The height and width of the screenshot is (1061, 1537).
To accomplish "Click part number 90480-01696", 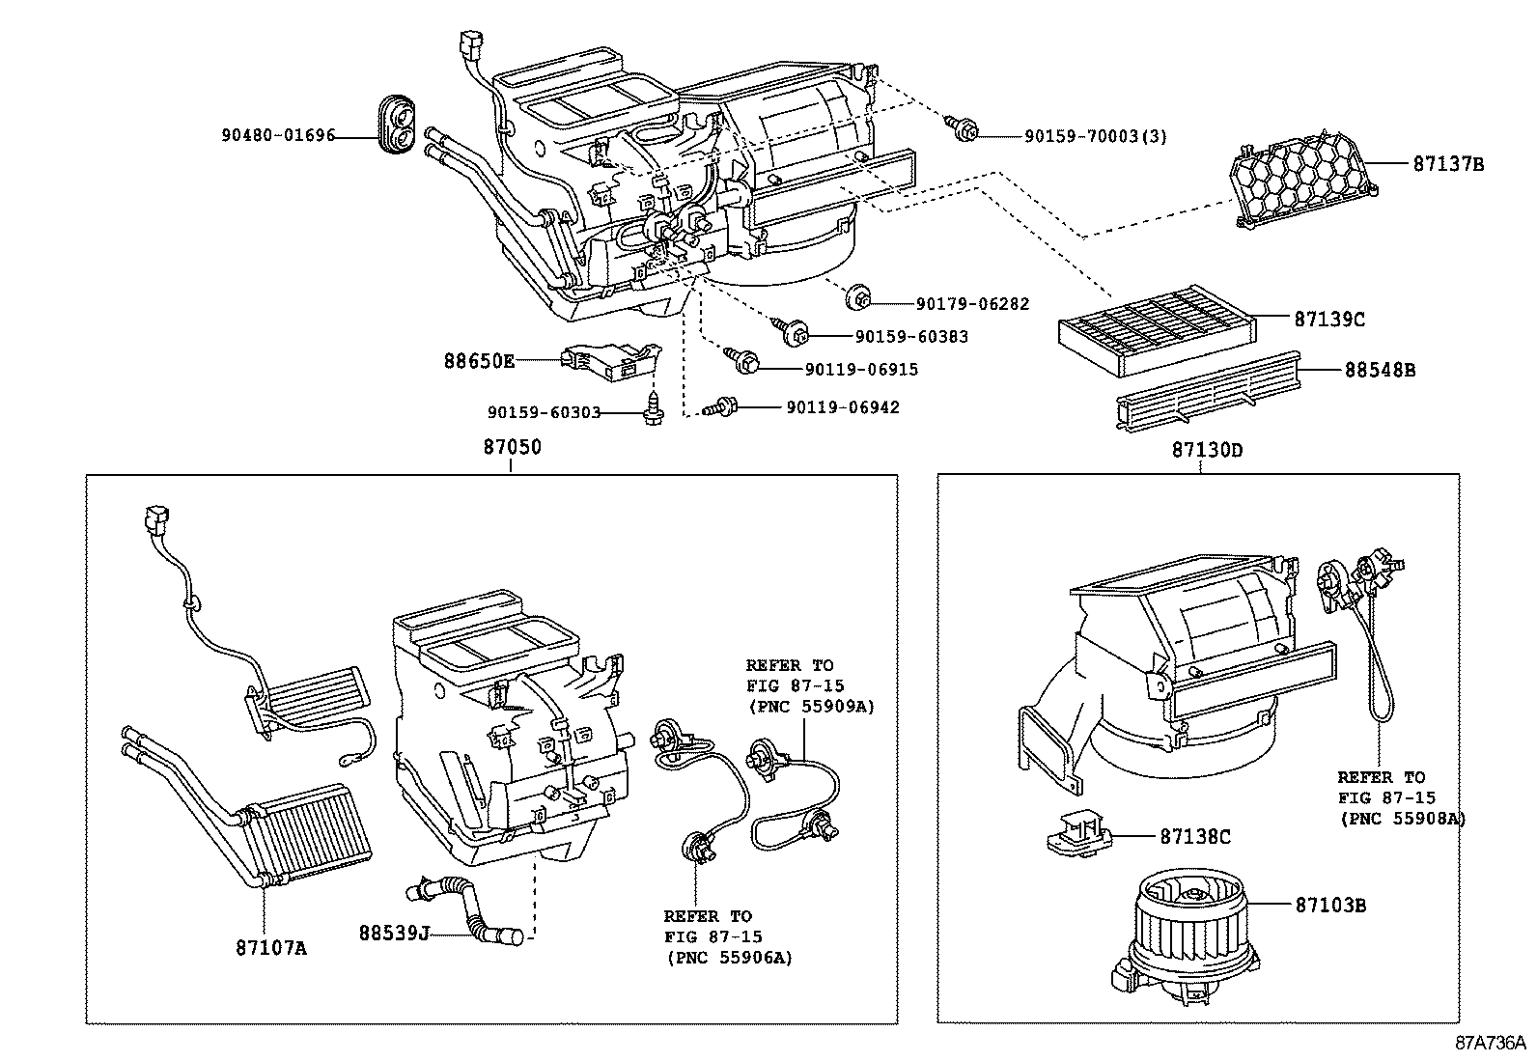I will pyautogui.click(x=277, y=136).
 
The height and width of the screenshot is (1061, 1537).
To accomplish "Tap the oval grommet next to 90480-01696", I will pyautogui.click(x=397, y=124).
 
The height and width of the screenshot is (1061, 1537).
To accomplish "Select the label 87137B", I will pyautogui.click(x=1448, y=164).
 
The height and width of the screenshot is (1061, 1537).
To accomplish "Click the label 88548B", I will pyautogui.click(x=1380, y=370).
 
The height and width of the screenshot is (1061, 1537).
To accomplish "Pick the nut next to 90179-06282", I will pyautogui.click(x=856, y=300).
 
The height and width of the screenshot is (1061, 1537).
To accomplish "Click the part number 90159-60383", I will pyautogui.click(x=910, y=336).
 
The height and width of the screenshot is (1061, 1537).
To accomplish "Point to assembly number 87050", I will pyautogui.click(x=512, y=447).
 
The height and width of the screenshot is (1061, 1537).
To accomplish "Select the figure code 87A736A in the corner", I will pyautogui.click(x=1490, y=1044).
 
